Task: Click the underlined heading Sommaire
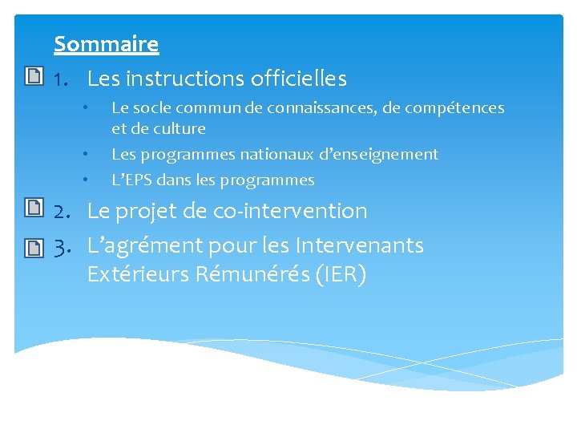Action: click(x=106, y=43)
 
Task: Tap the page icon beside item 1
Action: click(x=33, y=78)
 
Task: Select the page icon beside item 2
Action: click(x=33, y=209)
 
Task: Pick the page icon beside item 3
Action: click(x=33, y=247)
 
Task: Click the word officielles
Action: click(x=298, y=79)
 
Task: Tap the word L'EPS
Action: click(x=133, y=180)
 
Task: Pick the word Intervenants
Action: click(x=359, y=245)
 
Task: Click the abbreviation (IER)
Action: click(x=341, y=274)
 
